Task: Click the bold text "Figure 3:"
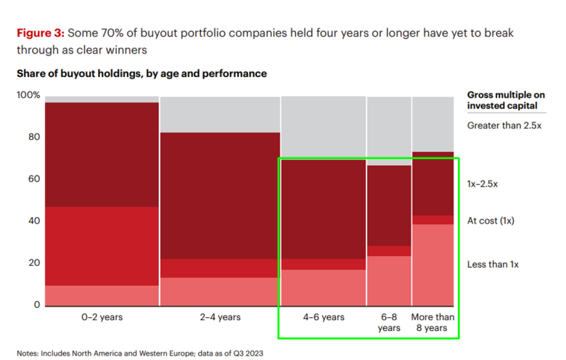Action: pos(40,33)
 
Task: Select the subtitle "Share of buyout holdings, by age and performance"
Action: pos(141,73)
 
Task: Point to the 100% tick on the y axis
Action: pos(28,96)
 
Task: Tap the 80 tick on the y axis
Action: pos(33,137)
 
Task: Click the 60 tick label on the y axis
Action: pos(33,179)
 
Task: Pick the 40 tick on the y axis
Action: pos(33,221)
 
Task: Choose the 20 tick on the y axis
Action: pos(33,263)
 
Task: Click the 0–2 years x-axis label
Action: pos(102,317)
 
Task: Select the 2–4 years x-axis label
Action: pos(220,317)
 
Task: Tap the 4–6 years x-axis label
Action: pos(323,317)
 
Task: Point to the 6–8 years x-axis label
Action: pos(388,322)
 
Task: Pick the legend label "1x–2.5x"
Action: pos(483,184)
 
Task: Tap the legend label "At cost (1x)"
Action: pos(491,221)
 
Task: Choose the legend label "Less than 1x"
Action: pos(491,265)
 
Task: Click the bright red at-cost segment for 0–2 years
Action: pos(102,246)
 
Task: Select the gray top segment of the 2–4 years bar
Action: pos(220,114)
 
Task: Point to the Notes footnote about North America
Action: pos(140,353)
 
